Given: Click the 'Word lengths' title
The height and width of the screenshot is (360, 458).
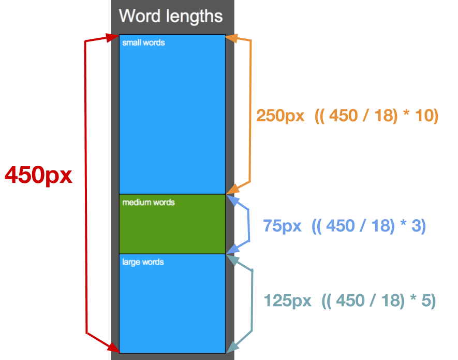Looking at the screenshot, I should pos(170,16).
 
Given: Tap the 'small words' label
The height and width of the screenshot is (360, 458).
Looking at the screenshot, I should pos(143,42).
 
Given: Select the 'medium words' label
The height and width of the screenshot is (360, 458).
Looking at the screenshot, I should pos(149,202).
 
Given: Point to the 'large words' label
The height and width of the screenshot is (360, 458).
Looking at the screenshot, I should pos(143,262).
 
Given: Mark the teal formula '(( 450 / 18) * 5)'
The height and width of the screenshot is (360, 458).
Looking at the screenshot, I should pos(379,300).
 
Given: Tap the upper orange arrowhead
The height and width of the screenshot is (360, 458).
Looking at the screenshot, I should pos(231,38).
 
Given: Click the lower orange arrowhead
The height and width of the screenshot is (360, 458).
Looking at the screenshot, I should pos(232,189).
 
